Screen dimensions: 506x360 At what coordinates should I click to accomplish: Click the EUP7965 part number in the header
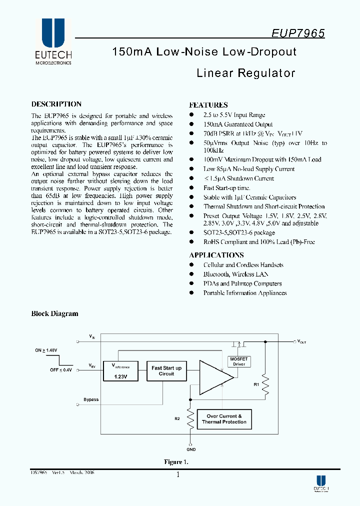point(298,33)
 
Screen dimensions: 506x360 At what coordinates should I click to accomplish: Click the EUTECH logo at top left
point(53,42)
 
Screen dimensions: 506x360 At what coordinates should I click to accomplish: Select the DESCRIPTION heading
point(56,104)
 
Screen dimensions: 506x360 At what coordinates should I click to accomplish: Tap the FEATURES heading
point(208,105)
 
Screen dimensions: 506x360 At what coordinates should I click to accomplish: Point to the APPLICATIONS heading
point(216,255)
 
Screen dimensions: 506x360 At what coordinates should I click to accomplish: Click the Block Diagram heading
point(55,314)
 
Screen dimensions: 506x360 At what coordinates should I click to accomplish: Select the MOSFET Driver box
point(239,361)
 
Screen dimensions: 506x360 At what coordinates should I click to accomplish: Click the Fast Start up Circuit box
point(166,371)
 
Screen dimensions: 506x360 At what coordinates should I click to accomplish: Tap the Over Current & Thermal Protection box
point(224,419)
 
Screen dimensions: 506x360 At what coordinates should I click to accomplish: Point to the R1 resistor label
point(256,384)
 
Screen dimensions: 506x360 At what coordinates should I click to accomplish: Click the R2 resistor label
point(177,418)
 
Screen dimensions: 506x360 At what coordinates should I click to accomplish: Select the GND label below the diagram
point(191,449)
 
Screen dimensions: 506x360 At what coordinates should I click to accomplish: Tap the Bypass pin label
point(91,399)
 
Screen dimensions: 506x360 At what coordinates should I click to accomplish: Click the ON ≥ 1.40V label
point(46,350)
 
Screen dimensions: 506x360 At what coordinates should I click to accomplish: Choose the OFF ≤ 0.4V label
point(61,370)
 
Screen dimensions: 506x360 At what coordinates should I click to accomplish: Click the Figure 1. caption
point(176,462)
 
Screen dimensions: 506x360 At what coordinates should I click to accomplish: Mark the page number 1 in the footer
point(178,474)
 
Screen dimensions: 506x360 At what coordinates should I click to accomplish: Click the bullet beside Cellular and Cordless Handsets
point(191,265)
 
